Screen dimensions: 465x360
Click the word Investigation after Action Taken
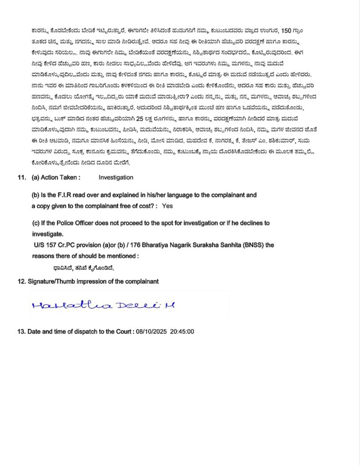coord(116,178)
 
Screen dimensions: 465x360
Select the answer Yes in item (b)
coord(167,206)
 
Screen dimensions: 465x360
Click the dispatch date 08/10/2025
coord(150,331)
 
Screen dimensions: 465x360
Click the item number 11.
coord(22,178)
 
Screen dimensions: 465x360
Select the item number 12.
coord(21,282)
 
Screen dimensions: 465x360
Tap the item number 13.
coord(21,331)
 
